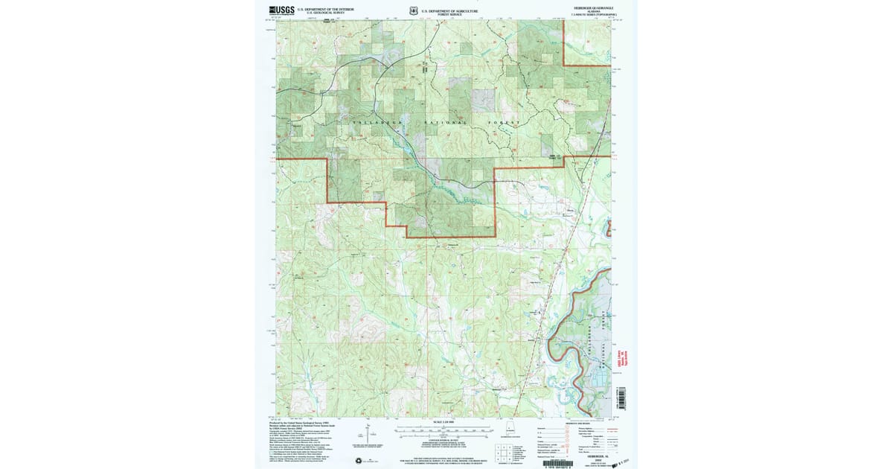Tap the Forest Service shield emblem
[x=413, y=10]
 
